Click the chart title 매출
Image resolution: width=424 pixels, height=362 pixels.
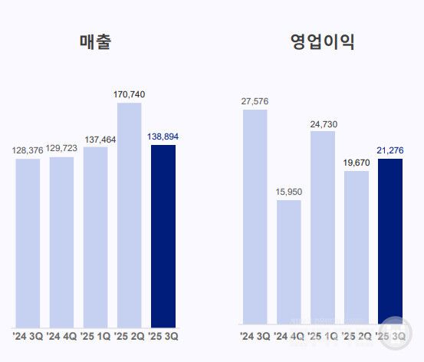[95, 42]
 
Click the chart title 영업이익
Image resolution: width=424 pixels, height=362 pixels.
[323, 42]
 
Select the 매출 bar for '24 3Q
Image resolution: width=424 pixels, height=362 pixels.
[28, 242]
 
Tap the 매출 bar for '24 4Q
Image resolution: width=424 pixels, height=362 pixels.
[62, 242]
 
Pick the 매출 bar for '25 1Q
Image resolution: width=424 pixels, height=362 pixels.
[96, 237]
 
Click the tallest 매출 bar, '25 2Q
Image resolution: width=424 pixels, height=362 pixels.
[130, 215]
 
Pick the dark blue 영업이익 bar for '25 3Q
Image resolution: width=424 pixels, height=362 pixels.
[391, 241]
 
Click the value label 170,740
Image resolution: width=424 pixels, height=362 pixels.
[129, 94]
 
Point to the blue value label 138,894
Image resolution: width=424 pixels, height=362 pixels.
[163, 137]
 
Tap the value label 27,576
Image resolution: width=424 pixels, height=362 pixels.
[255, 101]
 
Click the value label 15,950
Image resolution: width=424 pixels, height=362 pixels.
[289, 192]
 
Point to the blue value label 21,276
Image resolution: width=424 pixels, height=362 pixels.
[391, 150]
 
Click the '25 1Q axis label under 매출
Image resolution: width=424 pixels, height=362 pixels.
[96, 336]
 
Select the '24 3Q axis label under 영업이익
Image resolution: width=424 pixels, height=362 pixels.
[255, 336]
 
